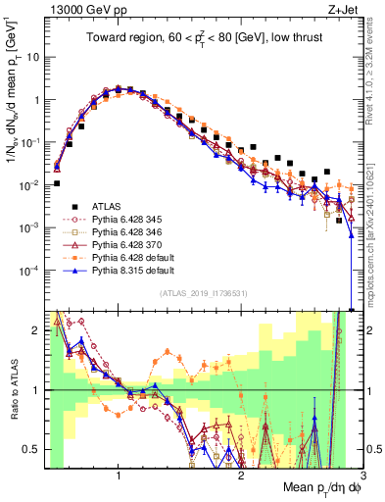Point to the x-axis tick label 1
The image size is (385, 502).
(119, 477)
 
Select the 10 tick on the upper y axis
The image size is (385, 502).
(33, 57)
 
